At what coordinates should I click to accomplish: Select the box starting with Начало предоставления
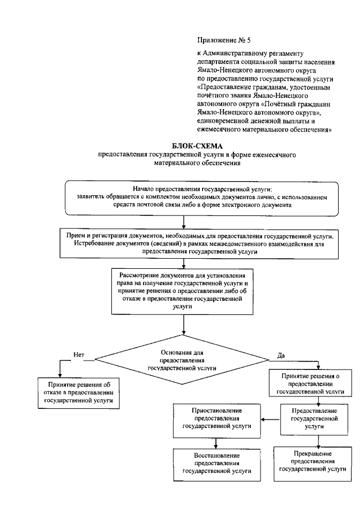[x=201, y=198]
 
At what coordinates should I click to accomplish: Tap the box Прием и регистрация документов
[x=201, y=242]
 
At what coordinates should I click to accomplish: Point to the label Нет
[x=78, y=354]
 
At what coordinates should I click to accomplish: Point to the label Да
[x=281, y=354]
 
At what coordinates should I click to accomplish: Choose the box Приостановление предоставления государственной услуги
[x=217, y=419]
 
